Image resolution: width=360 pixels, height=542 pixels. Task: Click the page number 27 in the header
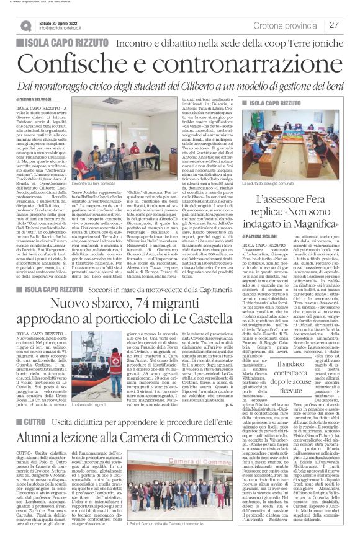coord(333,24)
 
